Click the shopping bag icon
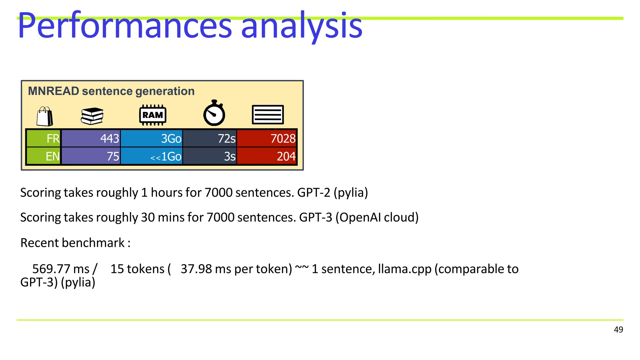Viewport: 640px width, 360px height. pos(45,116)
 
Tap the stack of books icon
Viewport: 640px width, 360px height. pos(92,116)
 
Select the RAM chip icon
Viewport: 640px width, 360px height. pos(152,115)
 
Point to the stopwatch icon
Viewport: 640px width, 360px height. pos(214,113)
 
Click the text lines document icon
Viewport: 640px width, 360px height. pos(268,115)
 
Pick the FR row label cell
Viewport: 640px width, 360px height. pos(44,138)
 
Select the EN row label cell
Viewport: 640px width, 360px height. pos(44,156)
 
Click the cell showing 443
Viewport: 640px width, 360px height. pos(91,138)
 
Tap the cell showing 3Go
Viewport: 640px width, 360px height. pos(152,138)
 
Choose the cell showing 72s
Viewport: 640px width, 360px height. pos(210,138)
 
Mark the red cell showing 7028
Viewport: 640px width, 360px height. pos(267,138)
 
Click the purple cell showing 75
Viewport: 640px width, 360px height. pos(91,156)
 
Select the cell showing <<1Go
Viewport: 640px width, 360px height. pos(152,156)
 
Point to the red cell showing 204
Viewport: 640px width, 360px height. pos(267,156)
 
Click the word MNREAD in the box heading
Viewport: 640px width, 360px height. pos(53,91)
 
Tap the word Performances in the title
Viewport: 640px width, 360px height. pos(125,26)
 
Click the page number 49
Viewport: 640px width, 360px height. pos(618,330)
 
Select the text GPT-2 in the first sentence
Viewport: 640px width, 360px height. pos(313,192)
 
